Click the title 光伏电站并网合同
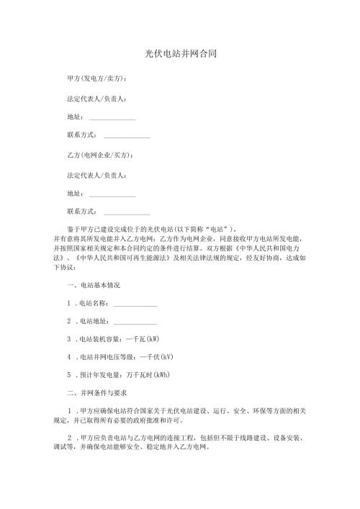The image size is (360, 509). pos(181,53)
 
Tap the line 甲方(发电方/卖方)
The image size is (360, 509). pos(96,78)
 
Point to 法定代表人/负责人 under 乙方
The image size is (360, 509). pos(96,175)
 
